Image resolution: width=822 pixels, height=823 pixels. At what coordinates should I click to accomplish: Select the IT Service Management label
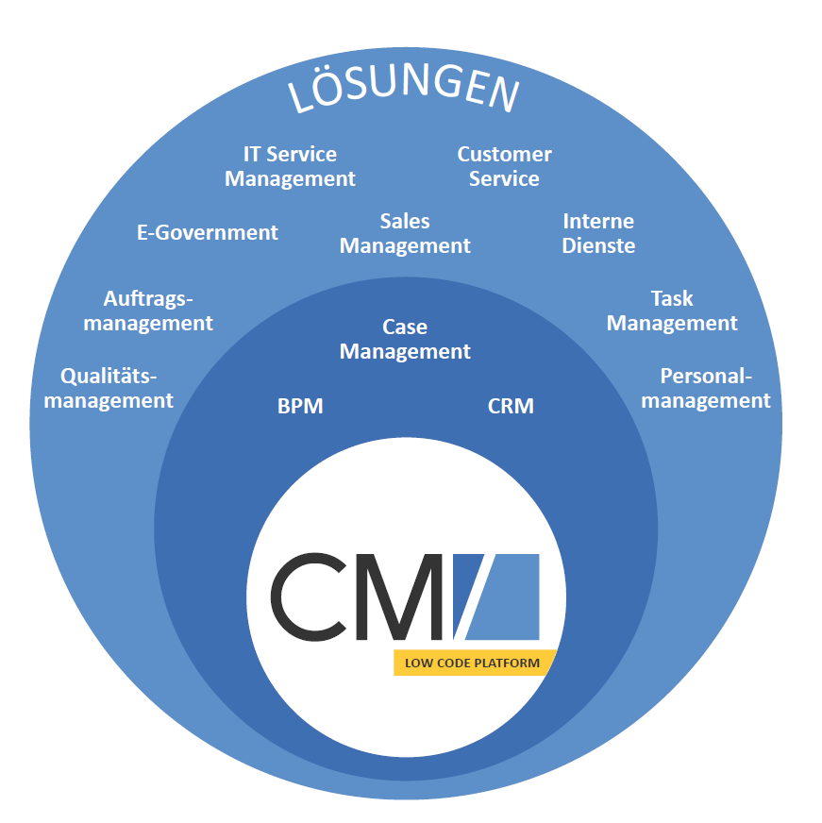tap(290, 166)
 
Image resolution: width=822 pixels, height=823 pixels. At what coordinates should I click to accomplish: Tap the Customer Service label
tap(504, 166)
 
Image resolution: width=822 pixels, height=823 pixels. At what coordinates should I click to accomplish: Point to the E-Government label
tap(208, 232)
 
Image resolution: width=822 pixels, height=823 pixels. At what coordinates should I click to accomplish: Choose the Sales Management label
tap(405, 233)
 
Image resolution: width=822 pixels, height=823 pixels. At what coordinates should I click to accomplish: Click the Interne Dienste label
tap(598, 233)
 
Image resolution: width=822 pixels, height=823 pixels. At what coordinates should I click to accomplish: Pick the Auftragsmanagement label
tap(147, 311)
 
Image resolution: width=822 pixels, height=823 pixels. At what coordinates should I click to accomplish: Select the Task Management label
tap(672, 311)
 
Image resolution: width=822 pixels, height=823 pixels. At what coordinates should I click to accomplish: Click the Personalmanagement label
tap(706, 388)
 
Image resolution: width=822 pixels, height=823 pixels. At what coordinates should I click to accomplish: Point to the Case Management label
tap(405, 339)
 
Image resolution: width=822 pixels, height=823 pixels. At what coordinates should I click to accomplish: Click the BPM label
tap(300, 407)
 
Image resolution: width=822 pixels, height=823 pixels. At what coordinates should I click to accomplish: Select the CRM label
tap(511, 407)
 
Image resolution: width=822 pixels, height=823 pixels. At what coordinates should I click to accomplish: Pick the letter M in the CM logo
tap(401, 596)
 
